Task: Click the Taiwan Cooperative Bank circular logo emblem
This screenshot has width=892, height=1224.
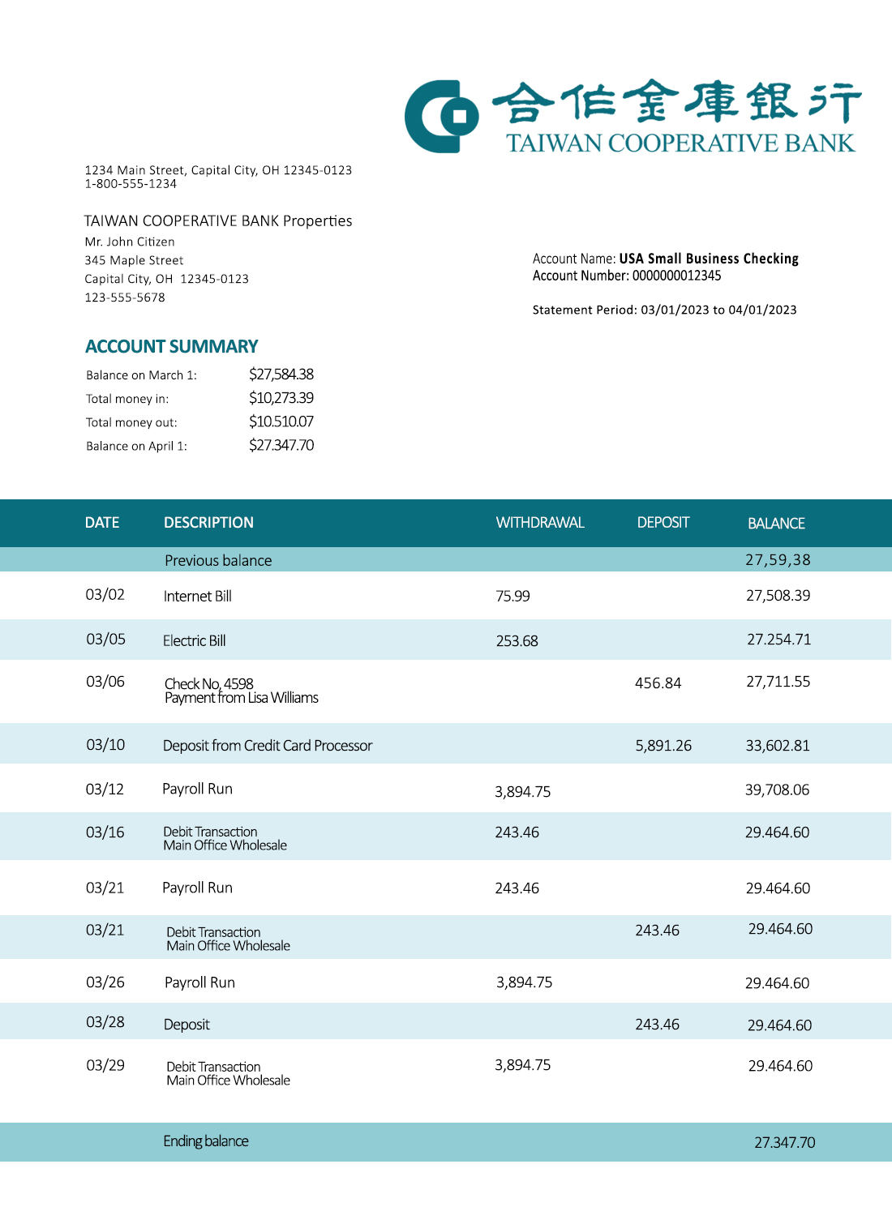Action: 441,116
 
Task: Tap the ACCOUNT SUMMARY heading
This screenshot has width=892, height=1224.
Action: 171,347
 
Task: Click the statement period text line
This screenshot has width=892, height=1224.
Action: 664,310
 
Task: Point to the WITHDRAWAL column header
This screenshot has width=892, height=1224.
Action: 539,523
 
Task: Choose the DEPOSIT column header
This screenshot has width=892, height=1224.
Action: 663,523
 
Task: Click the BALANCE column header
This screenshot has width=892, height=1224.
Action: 775,524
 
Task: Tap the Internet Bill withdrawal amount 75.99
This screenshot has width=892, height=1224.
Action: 512,597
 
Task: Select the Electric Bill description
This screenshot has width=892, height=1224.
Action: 194,641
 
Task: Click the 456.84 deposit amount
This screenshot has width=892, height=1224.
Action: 658,683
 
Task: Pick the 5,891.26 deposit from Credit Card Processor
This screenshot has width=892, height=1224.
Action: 663,746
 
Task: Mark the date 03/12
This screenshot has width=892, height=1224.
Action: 105,790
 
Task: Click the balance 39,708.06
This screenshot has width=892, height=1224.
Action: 777,790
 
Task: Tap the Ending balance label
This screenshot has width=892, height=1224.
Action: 205,1141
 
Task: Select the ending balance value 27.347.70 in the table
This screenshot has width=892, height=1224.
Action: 784,1143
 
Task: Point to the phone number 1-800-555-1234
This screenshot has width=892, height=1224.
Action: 131,184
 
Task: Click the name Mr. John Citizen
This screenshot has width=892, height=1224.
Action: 130,242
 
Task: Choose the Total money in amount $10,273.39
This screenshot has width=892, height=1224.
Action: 281,398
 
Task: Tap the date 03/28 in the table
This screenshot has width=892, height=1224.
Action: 105,1022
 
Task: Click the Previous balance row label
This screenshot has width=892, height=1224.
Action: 218,561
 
